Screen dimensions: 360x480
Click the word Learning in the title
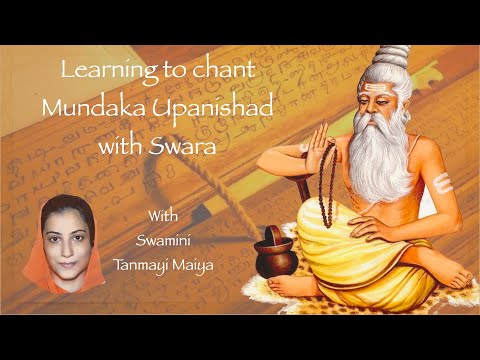point(97,72)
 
